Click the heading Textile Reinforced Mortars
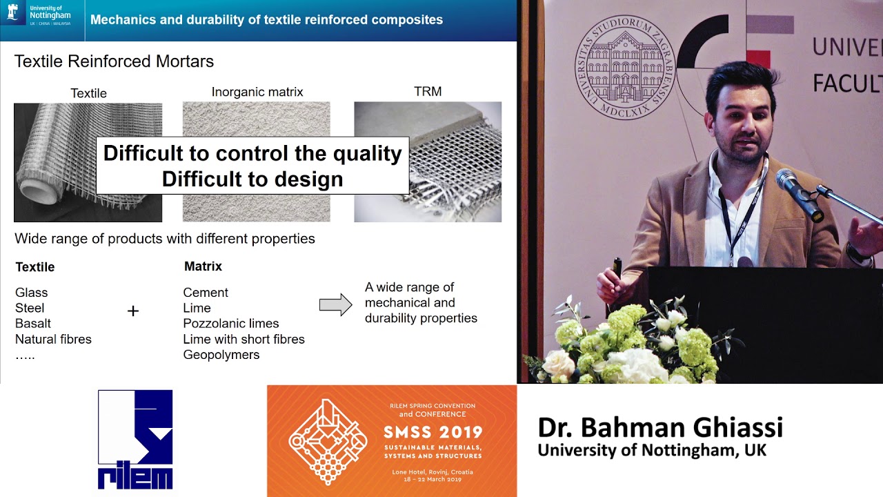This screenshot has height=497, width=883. click(114, 61)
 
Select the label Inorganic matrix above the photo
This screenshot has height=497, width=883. click(257, 92)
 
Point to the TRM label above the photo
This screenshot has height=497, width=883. click(428, 92)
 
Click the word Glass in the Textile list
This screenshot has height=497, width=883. click(32, 293)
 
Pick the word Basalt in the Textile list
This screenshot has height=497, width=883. click(33, 324)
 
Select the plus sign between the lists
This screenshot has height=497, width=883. click(133, 311)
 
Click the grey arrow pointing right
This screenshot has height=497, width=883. click(336, 304)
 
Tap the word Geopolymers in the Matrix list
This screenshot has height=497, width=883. click(221, 355)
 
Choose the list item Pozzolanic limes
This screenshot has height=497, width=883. click(231, 324)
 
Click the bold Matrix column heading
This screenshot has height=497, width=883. click(203, 266)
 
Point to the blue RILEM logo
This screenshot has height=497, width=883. click(135, 439)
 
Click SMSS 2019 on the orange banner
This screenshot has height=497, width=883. click(433, 432)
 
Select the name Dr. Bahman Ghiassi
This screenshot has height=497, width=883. click(660, 427)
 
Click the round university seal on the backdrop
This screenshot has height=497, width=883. click(624, 67)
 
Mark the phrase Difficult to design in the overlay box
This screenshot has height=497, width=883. click(252, 179)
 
